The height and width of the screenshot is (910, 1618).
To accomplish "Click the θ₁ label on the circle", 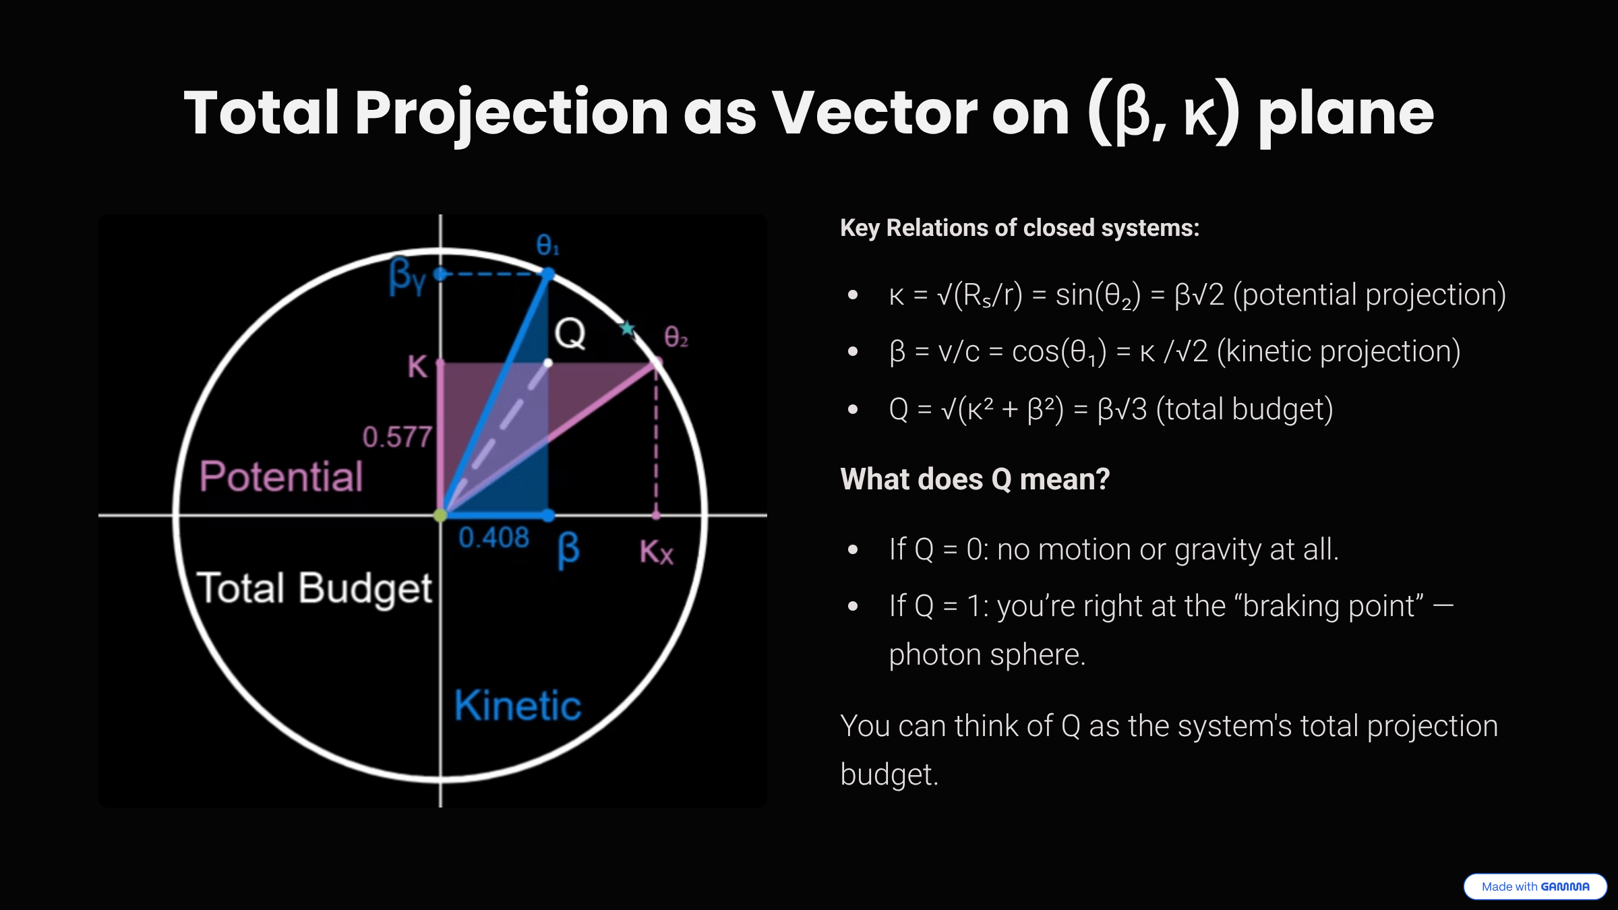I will [x=547, y=245].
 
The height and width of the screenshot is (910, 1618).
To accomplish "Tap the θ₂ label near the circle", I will [x=676, y=336].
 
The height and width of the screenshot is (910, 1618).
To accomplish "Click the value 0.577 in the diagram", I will [x=396, y=437].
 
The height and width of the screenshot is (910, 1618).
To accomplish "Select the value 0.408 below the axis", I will [x=493, y=538].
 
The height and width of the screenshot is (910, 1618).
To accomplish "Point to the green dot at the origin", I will [x=440, y=516].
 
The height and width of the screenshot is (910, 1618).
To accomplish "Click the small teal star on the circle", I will [x=628, y=328].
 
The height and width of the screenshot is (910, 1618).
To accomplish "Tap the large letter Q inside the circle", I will [x=570, y=334].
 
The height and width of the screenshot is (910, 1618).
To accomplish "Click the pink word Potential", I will [x=281, y=477].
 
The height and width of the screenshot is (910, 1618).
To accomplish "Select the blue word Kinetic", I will [x=517, y=706].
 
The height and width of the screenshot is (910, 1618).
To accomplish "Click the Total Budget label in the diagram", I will [x=314, y=588].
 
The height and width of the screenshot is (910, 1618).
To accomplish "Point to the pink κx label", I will [x=656, y=552].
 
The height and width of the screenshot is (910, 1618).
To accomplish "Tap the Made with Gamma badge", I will [x=1534, y=886].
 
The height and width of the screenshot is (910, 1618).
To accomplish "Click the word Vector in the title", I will [x=874, y=113].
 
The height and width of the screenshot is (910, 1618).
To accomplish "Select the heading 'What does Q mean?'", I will [x=974, y=479].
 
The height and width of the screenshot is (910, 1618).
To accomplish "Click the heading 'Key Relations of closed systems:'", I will [x=1019, y=228].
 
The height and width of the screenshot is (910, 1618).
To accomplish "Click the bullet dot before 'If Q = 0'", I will [x=853, y=550].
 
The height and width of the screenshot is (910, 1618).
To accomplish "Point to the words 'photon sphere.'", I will [x=987, y=655].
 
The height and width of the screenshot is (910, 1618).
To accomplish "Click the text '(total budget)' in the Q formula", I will [x=1245, y=409].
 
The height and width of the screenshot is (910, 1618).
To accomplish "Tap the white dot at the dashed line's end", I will [x=548, y=363].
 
